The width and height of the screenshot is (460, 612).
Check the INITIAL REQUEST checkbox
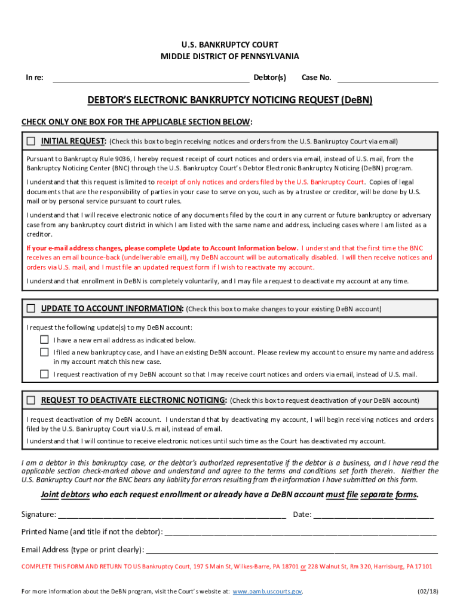(31, 141)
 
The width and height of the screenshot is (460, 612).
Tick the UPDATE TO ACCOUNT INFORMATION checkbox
(31, 308)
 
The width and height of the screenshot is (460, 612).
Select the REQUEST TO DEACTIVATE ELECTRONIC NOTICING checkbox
(31, 400)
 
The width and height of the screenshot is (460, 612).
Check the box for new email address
(44, 339)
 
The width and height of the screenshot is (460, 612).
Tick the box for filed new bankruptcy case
(44, 352)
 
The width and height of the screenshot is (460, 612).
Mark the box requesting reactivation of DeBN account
(44, 374)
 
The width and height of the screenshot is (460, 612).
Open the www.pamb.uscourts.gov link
(266, 592)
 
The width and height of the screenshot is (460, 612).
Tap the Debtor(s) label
(269, 78)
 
